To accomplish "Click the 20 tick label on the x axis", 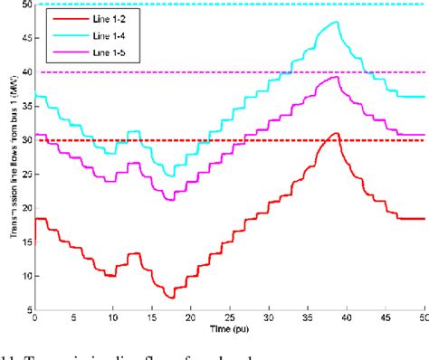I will [x=191, y=319].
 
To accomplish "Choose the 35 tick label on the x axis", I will [x=308, y=319].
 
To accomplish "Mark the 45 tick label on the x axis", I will [x=386, y=319].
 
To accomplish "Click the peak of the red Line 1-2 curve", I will [x=336, y=133].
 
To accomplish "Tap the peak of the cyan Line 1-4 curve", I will [x=337, y=22].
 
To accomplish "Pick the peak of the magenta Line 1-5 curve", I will [x=337, y=77].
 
